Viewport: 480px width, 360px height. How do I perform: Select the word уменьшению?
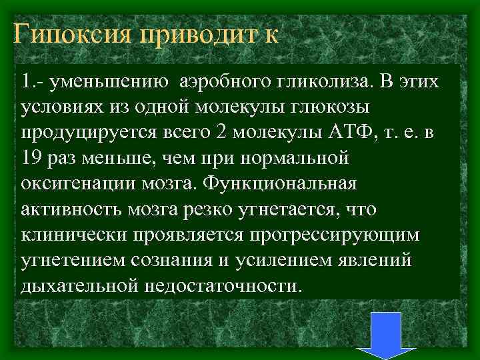pos(110,83)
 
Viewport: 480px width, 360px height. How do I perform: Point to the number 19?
pos(31,159)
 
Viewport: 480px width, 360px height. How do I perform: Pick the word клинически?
pos(67,235)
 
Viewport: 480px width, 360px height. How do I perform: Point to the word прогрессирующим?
pos(337,235)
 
